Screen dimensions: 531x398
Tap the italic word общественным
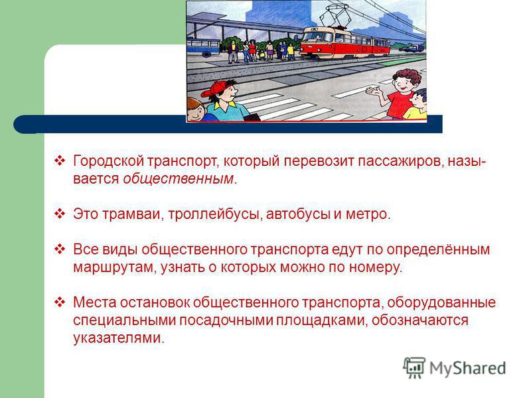(x=179, y=178)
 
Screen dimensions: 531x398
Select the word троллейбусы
(x=214, y=214)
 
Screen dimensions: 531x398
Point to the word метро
(x=366, y=214)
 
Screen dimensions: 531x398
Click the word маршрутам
(x=114, y=267)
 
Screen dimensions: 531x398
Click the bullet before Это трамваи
(x=60, y=214)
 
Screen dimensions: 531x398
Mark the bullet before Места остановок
(x=60, y=302)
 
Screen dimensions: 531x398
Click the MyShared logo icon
(x=414, y=367)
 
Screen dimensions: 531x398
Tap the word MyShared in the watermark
(x=468, y=368)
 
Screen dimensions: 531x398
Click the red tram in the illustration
(x=344, y=42)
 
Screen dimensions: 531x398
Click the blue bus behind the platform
(x=203, y=46)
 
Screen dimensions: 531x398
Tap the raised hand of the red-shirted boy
(x=374, y=91)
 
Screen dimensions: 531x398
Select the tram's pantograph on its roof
(x=334, y=18)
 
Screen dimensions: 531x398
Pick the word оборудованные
(x=441, y=302)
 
